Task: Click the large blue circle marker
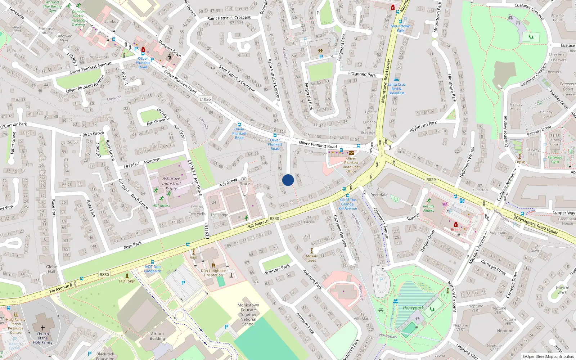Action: tap(288, 180)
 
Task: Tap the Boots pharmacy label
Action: tap(455, 230)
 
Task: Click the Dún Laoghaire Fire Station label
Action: tap(213, 273)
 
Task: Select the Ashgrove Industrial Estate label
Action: tap(171, 184)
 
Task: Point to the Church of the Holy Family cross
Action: tap(42, 328)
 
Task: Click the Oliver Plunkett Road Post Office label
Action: tap(351, 165)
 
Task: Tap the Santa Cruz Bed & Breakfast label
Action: tap(396, 89)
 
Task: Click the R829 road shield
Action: tap(431, 179)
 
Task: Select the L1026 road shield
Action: tap(205, 99)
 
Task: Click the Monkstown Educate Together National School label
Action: tap(248, 314)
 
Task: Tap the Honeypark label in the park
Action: tap(413, 308)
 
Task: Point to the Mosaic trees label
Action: tap(312, 258)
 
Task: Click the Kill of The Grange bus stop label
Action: tap(348, 204)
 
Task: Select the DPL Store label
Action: tap(245, 181)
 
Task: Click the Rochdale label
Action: tap(379, 195)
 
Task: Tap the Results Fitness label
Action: tap(428, 208)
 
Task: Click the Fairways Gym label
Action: tap(555, 159)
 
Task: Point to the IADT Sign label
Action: tap(127, 281)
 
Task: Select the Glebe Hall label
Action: tap(51, 269)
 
